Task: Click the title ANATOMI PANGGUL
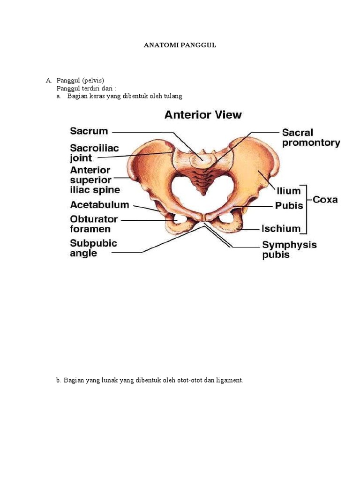(x=180, y=45)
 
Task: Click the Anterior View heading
(x=203, y=115)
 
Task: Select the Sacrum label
(x=89, y=131)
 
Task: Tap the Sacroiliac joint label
(x=95, y=153)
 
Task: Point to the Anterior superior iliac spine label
(x=95, y=180)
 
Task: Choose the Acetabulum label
(x=99, y=205)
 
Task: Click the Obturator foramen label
(x=94, y=224)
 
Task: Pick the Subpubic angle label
(x=94, y=248)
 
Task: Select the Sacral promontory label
(x=311, y=138)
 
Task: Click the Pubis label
(x=288, y=206)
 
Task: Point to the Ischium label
(x=281, y=229)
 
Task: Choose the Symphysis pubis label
(x=289, y=250)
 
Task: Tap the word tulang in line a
(x=173, y=96)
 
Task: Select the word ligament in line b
(x=230, y=380)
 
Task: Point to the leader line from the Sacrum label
(x=150, y=132)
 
